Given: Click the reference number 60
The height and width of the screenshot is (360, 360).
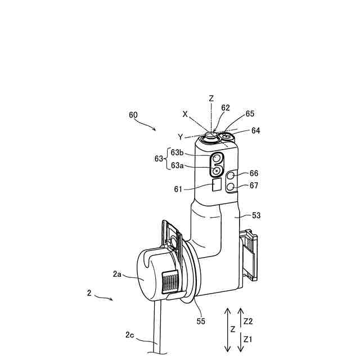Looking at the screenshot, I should pyautogui.click(x=133, y=115).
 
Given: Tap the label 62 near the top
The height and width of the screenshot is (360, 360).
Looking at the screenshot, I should pyautogui.click(x=226, y=108).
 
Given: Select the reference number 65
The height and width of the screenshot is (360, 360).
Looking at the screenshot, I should pyautogui.click(x=250, y=114).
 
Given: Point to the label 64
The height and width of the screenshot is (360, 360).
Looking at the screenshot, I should pyautogui.click(x=255, y=130).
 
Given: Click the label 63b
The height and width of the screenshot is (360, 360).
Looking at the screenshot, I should pyautogui.click(x=177, y=152).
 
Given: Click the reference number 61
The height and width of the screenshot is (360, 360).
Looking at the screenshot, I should pyautogui.click(x=178, y=189).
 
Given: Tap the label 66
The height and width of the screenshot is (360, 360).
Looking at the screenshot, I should pyautogui.click(x=254, y=173).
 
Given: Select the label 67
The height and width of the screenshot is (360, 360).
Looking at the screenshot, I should pyautogui.click(x=254, y=186).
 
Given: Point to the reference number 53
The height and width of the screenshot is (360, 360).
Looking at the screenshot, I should pyautogui.click(x=256, y=215).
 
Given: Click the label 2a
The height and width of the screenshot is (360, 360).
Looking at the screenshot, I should pyautogui.click(x=117, y=274).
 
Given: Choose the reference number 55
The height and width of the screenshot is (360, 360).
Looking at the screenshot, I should pyautogui.click(x=201, y=321).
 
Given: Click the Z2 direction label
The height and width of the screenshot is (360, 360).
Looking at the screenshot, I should pyautogui.click(x=249, y=321).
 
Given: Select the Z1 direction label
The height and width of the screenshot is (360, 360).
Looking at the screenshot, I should pyautogui.click(x=249, y=340).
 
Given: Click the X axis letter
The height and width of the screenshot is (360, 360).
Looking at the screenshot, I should pyautogui.click(x=185, y=113).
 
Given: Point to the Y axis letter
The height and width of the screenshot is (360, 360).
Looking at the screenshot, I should pyautogui.click(x=180, y=136).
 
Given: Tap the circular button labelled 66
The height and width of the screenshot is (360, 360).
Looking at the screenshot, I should pyautogui.click(x=231, y=176).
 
